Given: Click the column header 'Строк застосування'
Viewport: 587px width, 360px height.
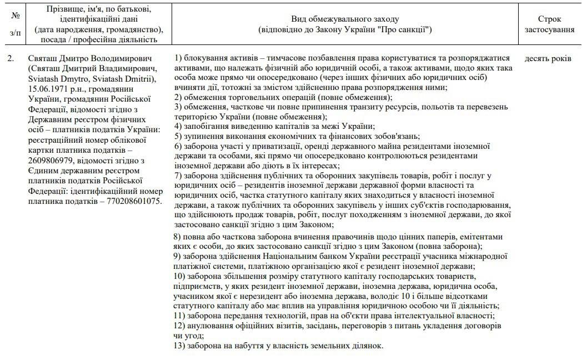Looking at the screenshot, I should [x=549, y=24].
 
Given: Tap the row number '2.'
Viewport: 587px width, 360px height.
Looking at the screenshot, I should [x=11, y=58].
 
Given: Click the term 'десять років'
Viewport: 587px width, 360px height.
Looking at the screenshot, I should [x=548, y=58].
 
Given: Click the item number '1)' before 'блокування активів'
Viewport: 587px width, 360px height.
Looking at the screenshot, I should [x=178, y=58].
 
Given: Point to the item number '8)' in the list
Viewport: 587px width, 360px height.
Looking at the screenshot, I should [x=178, y=237].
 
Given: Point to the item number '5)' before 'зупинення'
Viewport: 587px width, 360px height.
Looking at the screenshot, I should [x=178, y=136].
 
